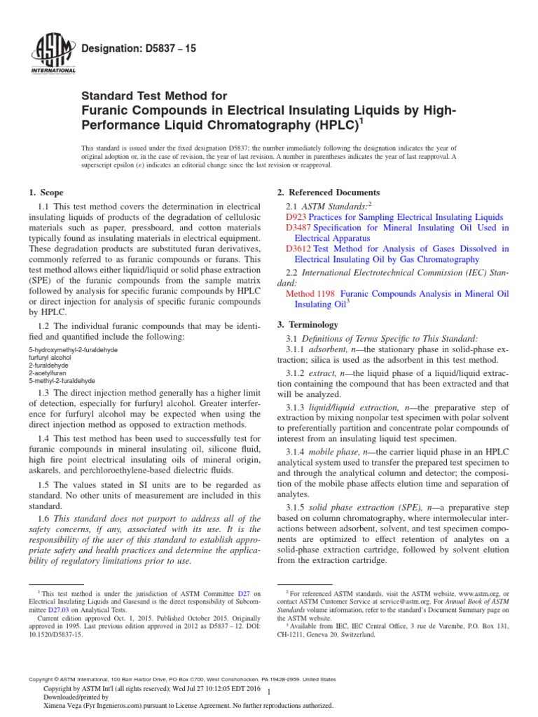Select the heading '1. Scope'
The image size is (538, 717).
[x=46, y=192]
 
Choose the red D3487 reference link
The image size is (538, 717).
[x=298, y=228]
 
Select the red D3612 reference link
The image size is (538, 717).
[x=298, y=249]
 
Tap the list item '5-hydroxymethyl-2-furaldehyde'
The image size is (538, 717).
[x=73, y=349]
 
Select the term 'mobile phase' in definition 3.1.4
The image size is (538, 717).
[x=333, y=452]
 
